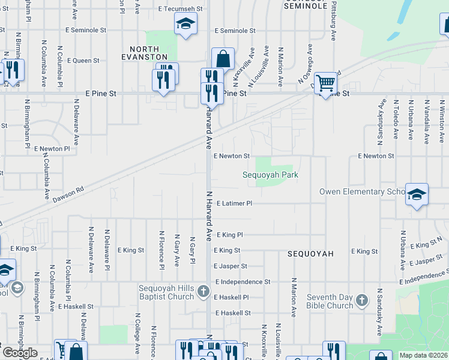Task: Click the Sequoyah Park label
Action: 270,175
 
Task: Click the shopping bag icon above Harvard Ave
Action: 223,59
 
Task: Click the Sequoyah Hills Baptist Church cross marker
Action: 203,292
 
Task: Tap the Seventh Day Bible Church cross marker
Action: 361,300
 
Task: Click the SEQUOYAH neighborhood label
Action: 310,254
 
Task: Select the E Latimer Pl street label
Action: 234,203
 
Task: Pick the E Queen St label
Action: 83,61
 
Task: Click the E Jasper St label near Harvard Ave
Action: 231,266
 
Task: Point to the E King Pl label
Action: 229,235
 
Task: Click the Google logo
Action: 20,352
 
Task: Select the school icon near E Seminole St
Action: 185,25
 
